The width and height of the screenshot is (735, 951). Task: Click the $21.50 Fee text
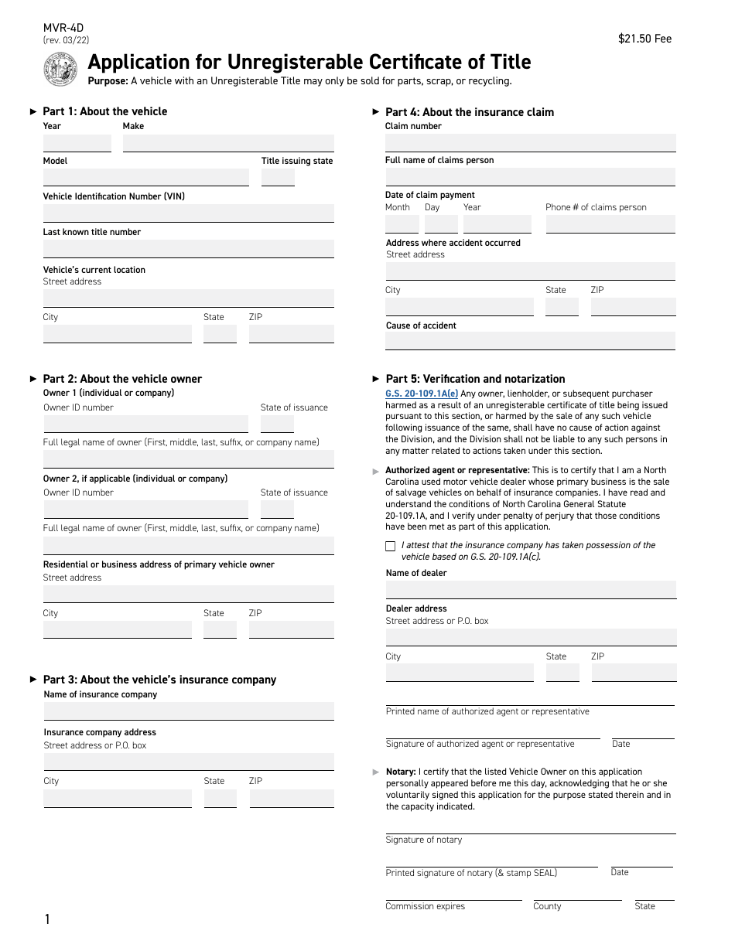[644, 39]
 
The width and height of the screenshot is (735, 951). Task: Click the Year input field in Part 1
[77, 144]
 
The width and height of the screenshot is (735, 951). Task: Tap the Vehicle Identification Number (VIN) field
[188, 213]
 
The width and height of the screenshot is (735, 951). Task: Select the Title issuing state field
[278, 178]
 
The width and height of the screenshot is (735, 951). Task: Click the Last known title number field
[188, 249]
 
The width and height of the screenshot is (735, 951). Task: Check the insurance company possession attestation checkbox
[390, 547]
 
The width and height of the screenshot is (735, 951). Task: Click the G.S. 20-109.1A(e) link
[422, 394]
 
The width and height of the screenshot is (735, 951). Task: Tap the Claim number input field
[530, 143]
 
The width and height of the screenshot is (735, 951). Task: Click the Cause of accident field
[530, 341]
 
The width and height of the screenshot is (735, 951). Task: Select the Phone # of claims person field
[610, 224]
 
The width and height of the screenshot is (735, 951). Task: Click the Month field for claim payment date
[402, 224]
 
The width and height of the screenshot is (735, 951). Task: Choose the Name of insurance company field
[189, 711]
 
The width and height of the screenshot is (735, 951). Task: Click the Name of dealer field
[531, 589]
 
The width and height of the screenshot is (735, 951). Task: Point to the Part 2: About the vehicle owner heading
[122, 379]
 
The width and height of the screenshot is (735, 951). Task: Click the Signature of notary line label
[424, 840]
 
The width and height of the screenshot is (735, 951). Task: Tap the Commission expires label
[426, 906]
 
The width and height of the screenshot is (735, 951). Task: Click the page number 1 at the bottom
[47, 919]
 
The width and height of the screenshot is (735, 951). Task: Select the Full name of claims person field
[530, 177]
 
